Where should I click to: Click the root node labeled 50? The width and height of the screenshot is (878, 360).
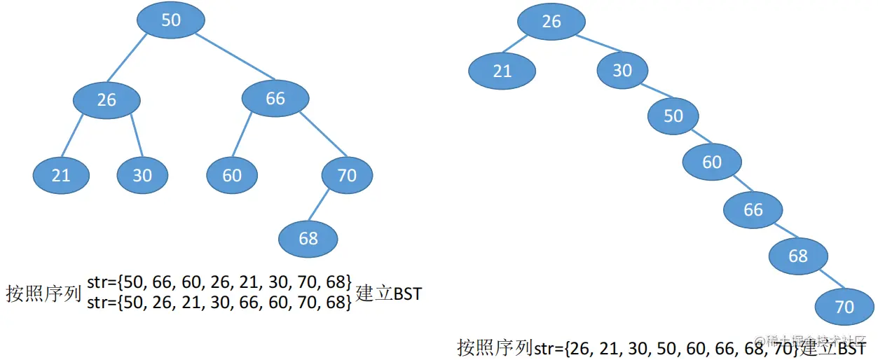pos(171,20)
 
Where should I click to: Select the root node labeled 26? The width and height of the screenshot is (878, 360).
pos(551,22)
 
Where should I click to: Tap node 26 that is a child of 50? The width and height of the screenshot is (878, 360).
pos(107,100)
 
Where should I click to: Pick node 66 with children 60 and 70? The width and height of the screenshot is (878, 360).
pos(275,99)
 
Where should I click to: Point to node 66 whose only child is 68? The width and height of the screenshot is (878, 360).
pos(753,209)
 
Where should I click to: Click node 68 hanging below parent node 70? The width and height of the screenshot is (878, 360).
pos(308,239)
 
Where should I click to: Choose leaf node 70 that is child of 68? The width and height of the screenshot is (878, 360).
pos(845,307)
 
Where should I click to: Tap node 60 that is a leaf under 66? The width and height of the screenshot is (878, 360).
pos(232,174)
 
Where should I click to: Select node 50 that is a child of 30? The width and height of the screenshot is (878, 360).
pos(673,116)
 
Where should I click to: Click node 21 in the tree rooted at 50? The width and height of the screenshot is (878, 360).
pos(62,174)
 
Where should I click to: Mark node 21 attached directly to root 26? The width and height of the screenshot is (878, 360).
pos(502,71)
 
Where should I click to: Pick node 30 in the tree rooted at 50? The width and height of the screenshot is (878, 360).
pos(142,174)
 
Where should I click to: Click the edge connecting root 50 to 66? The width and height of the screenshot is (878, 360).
pos(235,56)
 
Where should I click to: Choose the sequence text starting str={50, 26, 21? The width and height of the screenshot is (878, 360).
pos(219,302)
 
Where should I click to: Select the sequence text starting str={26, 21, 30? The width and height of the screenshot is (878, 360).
pos(666,347)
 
